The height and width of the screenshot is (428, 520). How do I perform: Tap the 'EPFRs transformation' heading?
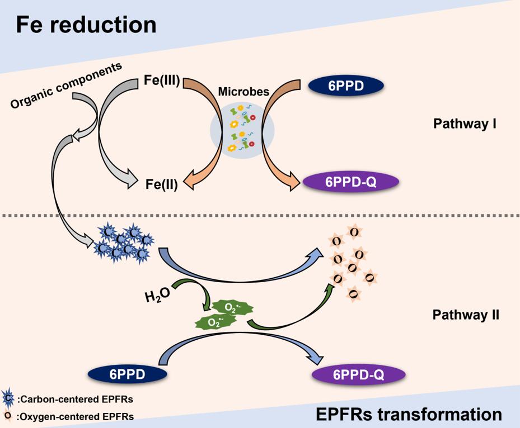click(409, 414)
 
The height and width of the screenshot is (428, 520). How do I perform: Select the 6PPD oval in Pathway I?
click(346, 86)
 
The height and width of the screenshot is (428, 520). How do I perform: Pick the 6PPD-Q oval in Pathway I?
click(350, 182)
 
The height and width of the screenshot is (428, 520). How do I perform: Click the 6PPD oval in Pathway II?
click(127, 374)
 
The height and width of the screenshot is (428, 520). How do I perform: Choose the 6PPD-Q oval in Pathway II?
click(350, 374)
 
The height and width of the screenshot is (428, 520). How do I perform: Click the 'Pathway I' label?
click(461, 123)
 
